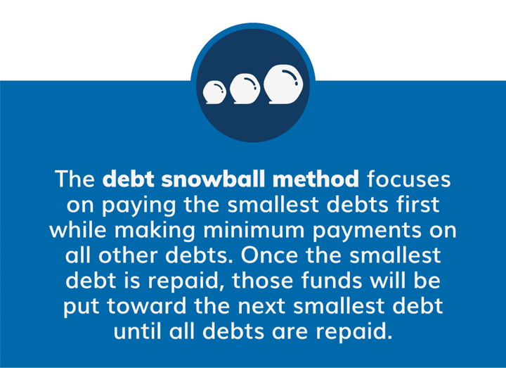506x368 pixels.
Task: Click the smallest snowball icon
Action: pyautogui.click(x=214, y=92)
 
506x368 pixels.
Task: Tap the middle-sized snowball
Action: pyautogui.click(x=245, y=89)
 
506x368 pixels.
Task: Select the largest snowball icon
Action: pyautogui.click(x=283, y=84)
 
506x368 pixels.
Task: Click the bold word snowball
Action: pyautogui.click(x=214, y=179)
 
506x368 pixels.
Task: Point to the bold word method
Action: pyautogui.click(x=316, y=179)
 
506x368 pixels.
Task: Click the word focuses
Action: pyautogui.click(x=408, y=179)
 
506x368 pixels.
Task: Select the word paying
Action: pyautogui.click(x=138, y=205)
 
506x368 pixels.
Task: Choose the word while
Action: pyautogui.click(x=78, y=229)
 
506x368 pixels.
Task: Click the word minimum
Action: pyautogui.click(x=254, y=229)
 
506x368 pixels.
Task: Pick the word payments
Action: pyautogui.click(x=368, y=231)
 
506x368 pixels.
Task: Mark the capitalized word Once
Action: pyautogui.click(x=269, y=255)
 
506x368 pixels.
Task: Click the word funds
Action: pyautogui.click(x=332, y=281)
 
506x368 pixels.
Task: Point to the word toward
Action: pyautogui.click(x=147, y=306)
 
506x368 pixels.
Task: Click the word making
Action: pyautogui.click(x=155, y=231)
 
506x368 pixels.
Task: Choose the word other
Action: pyautogui.click(x=128, y=255)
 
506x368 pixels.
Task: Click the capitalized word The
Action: pyautogui.click(x=75, y=179)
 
